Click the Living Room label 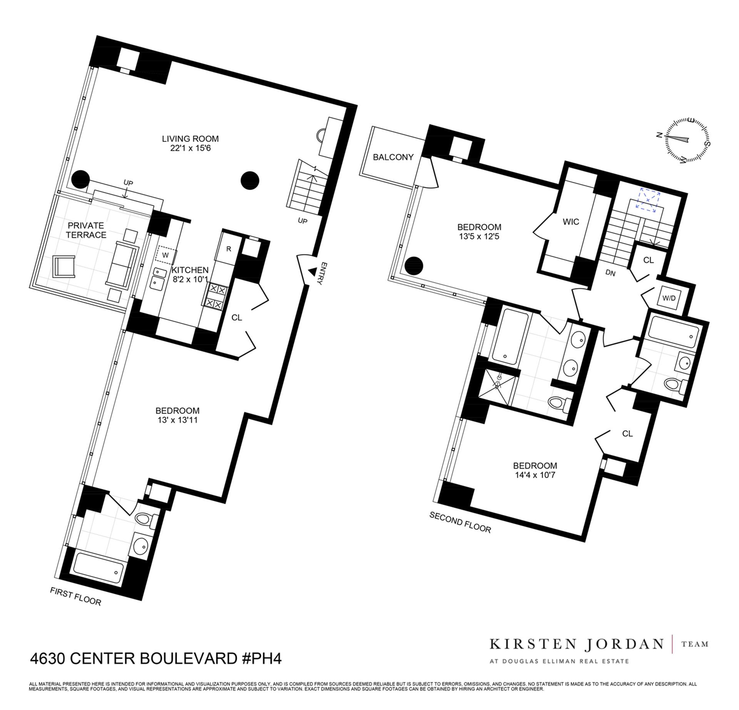[190, 139]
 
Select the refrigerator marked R [228, 249]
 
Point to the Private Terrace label [86, 230]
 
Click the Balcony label [393, 157]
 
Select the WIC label [570, 222]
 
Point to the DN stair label [610, 273]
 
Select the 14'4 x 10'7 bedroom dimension [535, 475]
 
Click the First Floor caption [75, 597]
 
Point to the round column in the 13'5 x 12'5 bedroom [414, 265]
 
